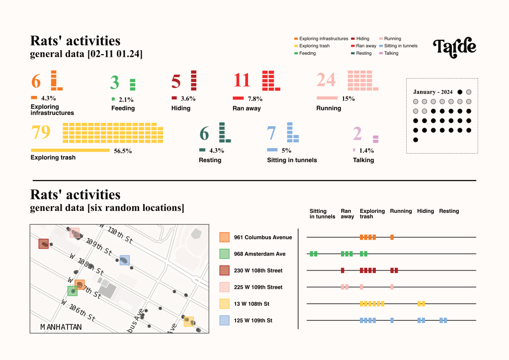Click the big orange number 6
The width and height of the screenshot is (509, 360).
tap(36, 81)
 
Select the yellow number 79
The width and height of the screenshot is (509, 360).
tap(41, 133)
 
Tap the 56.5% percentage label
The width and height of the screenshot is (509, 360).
tap(123, 151)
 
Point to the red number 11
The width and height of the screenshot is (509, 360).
tap(242, 81)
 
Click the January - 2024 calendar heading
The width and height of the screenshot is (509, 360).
tap(433, 92)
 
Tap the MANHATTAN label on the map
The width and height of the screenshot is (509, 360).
tap(61, 327)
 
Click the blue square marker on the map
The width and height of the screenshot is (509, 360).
tap(125, 260)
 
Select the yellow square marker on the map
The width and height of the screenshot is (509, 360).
tap(188, 321)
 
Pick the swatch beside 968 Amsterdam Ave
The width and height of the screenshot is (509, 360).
tap(225, 254)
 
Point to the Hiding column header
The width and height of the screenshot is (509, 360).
tap(425, 211)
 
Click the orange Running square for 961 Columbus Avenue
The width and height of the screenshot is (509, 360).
tap(392, 237)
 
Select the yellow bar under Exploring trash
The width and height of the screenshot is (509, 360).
tap(70, 150)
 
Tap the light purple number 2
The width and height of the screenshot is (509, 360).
tap(357, 134)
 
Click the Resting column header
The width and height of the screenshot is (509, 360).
tap(449, 211)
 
